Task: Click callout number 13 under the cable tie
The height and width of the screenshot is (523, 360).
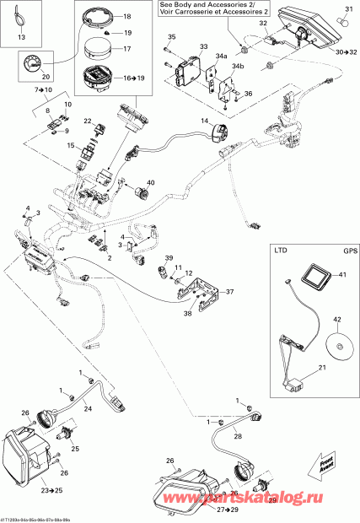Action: coord(22,39)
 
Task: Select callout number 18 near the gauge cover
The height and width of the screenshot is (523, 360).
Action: coord(126,17)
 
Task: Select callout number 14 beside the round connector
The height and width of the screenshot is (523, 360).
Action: coord(203,121)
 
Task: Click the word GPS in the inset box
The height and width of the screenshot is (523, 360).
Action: coord(339,251)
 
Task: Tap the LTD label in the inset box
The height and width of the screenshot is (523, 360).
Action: coord(282,251)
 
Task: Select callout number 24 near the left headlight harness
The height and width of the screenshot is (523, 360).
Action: coord(87,408)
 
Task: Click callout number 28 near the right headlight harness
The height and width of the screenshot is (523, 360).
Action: coord(238,436)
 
